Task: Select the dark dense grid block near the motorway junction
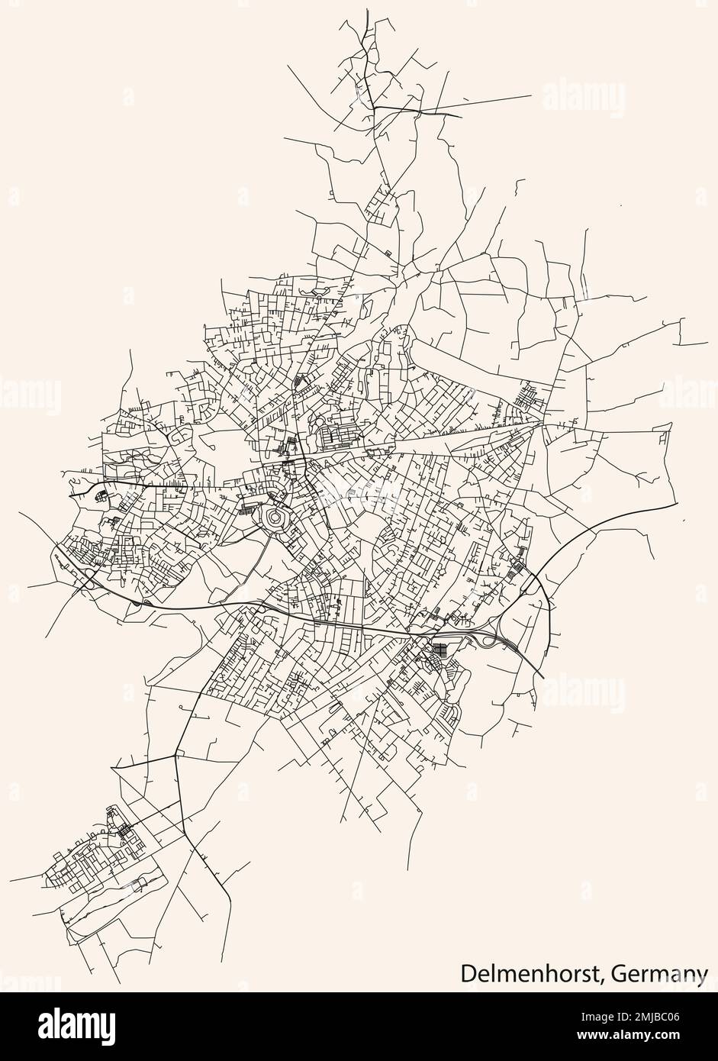tap(440, 651)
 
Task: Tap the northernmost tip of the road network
tap(367, 9)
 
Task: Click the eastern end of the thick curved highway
tap(677, 505)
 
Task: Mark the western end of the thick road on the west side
tap(69, 496)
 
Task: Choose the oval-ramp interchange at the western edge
tap(86, 578)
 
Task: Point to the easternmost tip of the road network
tap(708, 343)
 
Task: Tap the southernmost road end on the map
tap(121, 984)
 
